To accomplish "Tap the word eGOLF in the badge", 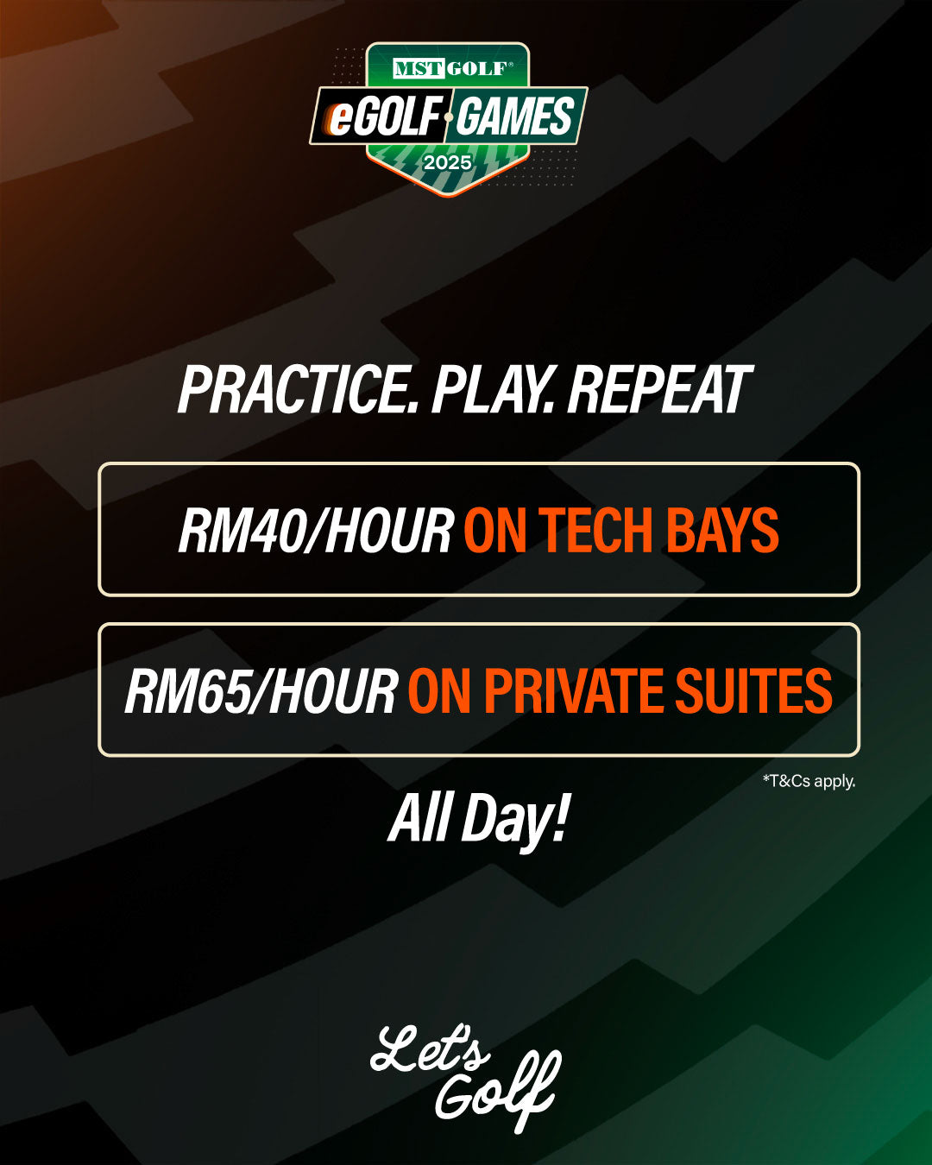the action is [383, 116].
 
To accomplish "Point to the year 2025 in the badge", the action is [447, 162].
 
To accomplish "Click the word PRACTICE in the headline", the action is [299, 389].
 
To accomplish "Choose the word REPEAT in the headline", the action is [659, 389].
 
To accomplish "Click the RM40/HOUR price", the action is [317, 531].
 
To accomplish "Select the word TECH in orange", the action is [595, 531].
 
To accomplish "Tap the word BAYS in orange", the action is [722, 531].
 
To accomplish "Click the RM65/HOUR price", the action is [261, 690].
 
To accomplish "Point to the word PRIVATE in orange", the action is [573, 690].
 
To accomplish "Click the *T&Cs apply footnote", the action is [809, 781].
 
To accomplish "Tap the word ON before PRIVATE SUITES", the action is [439, 690].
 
